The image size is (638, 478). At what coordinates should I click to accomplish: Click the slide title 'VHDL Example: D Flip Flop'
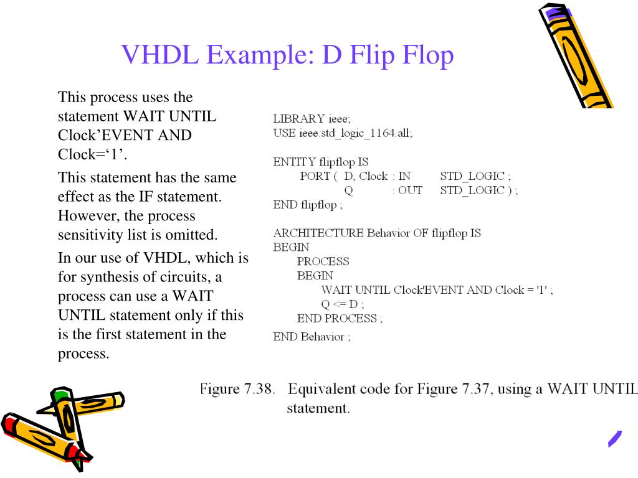(x=287, y=55)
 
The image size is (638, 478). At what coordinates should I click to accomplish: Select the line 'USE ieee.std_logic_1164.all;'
(x=343, y=133)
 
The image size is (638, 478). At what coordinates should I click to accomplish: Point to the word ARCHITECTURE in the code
(x=318, y=233)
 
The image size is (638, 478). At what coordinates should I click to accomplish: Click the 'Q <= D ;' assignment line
(x=342, y=304)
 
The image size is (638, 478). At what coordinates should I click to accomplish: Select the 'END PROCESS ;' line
(x=340, y=318)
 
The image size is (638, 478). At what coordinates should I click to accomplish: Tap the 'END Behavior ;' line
(x=312, y=337)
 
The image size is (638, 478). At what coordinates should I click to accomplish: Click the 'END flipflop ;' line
(x=308, y=204)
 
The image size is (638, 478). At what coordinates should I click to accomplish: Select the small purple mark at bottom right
(x=615, y=439)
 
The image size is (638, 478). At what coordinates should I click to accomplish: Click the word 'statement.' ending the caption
(x=318, y=409)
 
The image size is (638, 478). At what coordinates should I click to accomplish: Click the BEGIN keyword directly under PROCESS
(x=315, y=275)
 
